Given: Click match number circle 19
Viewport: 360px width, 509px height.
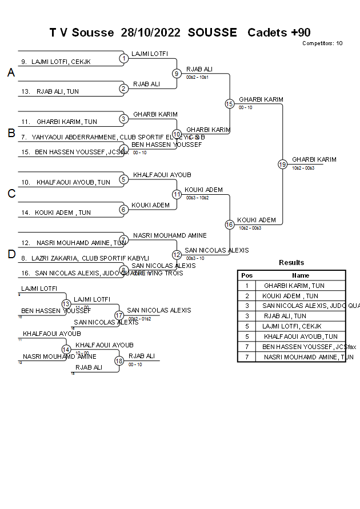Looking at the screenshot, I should [x=282, y=165].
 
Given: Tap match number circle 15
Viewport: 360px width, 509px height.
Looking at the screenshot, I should [x=229, y=103].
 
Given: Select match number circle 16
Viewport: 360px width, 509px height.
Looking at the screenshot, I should [x=229, y=225].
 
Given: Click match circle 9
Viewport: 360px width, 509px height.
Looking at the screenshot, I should [x=177, y=73].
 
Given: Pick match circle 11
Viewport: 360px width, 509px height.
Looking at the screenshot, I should [x=177, y=194].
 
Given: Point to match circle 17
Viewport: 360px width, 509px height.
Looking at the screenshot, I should [x=119, y=315].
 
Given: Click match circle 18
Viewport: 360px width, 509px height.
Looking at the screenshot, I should [x=119, y=360].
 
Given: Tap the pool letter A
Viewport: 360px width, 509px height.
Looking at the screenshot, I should [x=11, y=73].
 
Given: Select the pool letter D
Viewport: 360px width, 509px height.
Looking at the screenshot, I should [x=11, y=255].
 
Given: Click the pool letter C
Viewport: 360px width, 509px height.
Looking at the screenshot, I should [x=11, y=194].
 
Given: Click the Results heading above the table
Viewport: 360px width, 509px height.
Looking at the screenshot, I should [x=291, y=263].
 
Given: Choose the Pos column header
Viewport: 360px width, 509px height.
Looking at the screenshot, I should [x=247, y=275].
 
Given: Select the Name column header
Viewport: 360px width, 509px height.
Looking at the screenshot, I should [x=301, y=275].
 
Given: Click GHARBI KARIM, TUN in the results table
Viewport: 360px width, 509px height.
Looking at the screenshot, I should [x=294, y=286].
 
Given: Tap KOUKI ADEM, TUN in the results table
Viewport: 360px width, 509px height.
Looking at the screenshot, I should [x=290, y=296].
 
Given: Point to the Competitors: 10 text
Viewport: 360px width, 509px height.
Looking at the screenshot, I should [x=322, y=43].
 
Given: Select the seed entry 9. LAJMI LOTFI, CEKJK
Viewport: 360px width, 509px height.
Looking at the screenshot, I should [x=56, y=62].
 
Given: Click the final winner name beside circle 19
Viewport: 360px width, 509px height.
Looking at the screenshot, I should [x=314, y=159].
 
